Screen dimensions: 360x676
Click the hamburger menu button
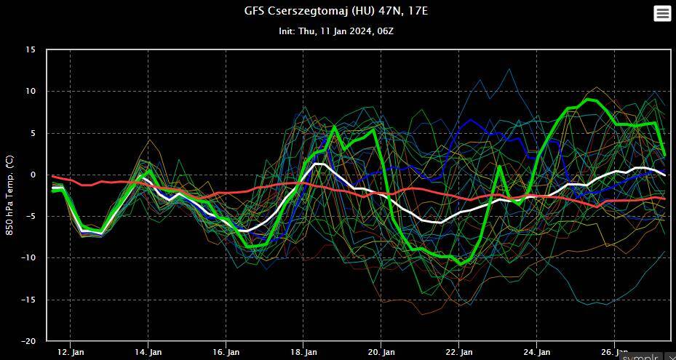pyautogui.click(x=661, y=13)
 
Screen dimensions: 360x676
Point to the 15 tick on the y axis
pyautogui.click(x=30, y=50)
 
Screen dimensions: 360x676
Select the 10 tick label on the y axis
pyautogui.click(x=30, y=92)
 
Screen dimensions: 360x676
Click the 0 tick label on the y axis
pyautogui.click(x=33, y=175)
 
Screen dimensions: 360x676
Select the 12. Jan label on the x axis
pyautogui.click(x=70, y=352)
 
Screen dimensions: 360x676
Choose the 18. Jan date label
pyautogui.click(x=303, y=352)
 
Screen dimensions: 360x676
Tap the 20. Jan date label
pyautogui.click(x=381, y=352)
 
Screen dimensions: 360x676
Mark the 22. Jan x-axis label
pyautogui.click(x=459, y=352)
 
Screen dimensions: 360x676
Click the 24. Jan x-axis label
pyautogui.click(x=537, y=352)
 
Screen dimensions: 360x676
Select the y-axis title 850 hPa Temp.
pyautogui.click(x=9, y=194)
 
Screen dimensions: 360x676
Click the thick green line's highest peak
pyautogui.click(x=588, y=99)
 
